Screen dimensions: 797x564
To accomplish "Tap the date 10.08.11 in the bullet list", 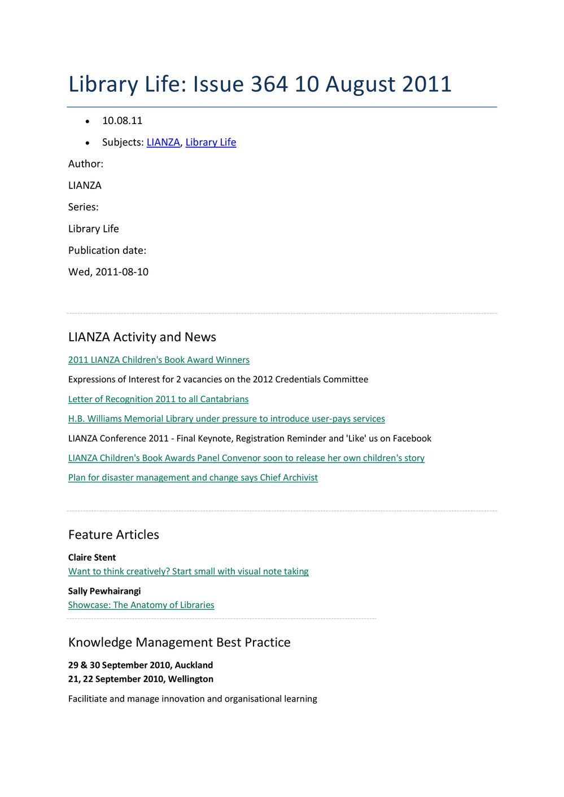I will [x=122, y=121].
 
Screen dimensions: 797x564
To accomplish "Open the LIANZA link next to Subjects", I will [x=163, y=142].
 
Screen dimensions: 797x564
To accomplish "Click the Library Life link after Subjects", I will [x=211, y=142].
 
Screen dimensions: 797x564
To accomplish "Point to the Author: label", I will [x=86, y=164].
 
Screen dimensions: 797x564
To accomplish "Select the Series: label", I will [x=84, y=207].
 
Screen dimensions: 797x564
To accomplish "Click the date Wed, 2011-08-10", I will [x=108, y=272].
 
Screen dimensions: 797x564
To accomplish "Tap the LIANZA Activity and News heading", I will [x=142, y=337].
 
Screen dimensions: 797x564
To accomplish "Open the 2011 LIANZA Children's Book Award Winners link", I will [x=159, y=360].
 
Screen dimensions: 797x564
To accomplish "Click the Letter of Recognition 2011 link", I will [x=158, y=399].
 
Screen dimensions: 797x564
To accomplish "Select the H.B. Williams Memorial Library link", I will [x=226, y=419].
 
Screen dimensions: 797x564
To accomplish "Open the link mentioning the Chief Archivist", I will [x=193, y=478].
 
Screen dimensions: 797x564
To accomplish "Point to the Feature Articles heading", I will [x=113, y=535].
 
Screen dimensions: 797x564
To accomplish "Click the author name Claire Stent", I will [x=92, y=558].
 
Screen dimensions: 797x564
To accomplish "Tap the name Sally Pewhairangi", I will [x=104, y=591].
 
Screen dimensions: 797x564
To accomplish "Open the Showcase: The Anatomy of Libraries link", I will [x=141, y=605].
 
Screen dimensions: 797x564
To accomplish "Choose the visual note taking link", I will [x=188, y=571].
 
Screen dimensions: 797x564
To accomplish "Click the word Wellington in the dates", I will [x=190, y=679].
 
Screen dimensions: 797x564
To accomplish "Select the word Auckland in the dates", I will [x=194, y=666].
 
